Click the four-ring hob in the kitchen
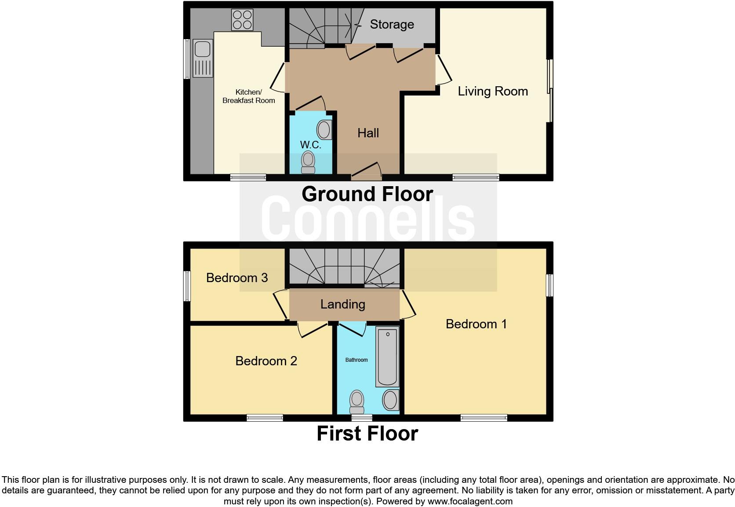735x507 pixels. click(x=242, y=20)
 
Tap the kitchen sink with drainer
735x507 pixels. click(x=202, y=59)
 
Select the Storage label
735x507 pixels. click(x=392, y=25)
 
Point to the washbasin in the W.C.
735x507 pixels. click(x=324, y=130)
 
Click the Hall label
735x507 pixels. click(x=368, y=133)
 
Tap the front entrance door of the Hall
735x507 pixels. click(x=366, y=172)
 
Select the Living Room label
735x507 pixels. click(x=493, y=92)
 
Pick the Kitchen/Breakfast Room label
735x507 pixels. click(x=248, y=96)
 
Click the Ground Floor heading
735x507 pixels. click(x=367, y=194)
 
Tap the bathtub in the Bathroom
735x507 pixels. click(x=387, y=356)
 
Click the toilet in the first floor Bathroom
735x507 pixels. click(x=357, y=402)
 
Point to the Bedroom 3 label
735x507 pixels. click(x=237, y=278)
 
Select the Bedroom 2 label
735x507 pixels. click(x=266, y=361)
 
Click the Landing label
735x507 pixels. click(x=342, y=304)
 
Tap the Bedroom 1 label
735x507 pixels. click(x=476, y=324)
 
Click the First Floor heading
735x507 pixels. click(x=367, y=434)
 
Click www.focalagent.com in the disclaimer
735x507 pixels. click(x=469, y=501)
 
